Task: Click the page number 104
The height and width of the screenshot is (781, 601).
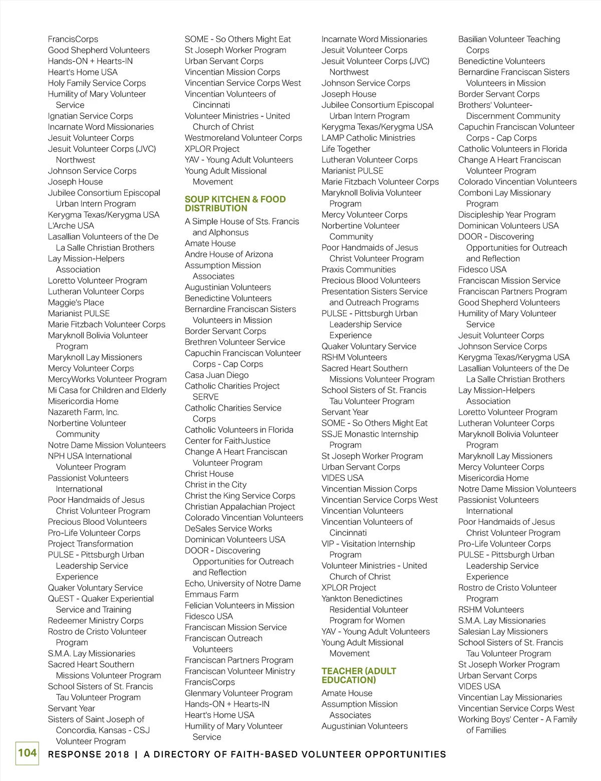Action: tap(28, 753)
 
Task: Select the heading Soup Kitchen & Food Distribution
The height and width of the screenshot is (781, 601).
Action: tap(235, 204)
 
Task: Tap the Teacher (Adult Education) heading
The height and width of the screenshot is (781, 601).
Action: tap(359, 675)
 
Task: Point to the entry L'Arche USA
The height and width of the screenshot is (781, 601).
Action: tap(71, 226)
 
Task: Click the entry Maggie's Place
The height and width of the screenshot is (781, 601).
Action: tap(76, 302)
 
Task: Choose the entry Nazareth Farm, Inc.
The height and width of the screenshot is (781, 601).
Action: tap(83, 412)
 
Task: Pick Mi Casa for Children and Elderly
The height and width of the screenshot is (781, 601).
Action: tap(107, 390)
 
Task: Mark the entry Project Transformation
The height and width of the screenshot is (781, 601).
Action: tap(91, 543)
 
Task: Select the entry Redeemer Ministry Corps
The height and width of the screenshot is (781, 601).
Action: tap(96, 621)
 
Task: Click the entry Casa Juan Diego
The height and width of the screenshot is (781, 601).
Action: tap(216, 375)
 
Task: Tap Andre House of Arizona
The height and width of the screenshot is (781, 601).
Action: tap(228, 254)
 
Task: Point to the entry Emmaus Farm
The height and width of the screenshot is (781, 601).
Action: tap(211, 594)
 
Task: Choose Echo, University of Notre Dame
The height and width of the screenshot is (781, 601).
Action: tap(242, 583)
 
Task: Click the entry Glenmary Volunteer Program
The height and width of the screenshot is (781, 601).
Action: tap(238, 693)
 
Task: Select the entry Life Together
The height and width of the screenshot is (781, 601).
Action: tap(346, 149)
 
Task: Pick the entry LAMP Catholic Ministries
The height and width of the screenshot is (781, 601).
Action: tap(368, 138)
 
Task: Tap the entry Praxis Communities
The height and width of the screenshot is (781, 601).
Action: tap(359, 269)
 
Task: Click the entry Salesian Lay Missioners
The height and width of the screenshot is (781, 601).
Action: tap(503, 632)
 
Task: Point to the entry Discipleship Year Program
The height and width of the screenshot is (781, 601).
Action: tap(507, 215)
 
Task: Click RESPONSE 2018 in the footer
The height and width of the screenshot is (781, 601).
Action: tap(89, 754)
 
